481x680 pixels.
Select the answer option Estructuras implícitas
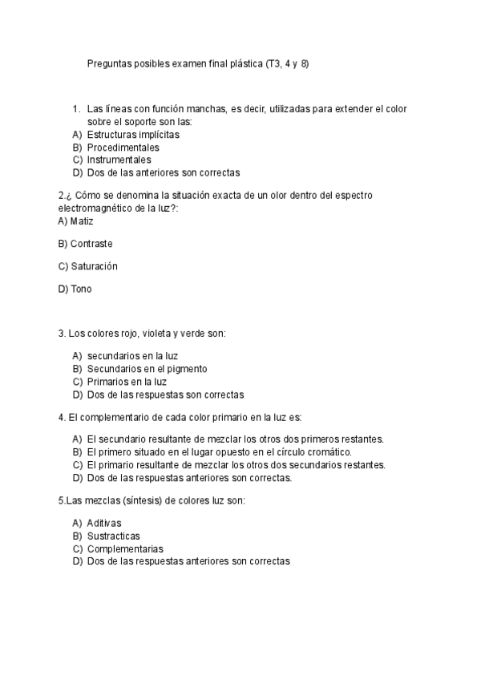click(x=132, y=135)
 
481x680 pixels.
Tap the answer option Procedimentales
click(x=123, y=148)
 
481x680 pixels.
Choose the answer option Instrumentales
click(x=119, y=160)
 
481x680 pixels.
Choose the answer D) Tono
click(x=75, y=289)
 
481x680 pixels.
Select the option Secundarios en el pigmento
click(x=147, y=369)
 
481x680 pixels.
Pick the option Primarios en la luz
click(x=127, y=382)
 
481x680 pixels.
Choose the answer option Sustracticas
click(x=113, y=536)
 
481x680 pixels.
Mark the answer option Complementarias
click(x=125, y=548)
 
